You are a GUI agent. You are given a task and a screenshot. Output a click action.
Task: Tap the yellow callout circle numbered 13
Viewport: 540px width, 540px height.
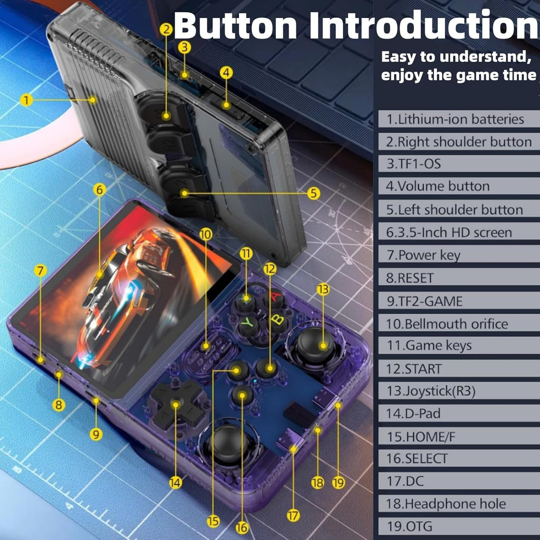tap(323, 289)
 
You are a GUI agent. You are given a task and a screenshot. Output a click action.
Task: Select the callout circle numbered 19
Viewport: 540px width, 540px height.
tap(339, 482)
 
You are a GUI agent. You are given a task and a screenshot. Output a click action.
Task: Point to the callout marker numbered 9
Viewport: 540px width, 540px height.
tap(95, 434)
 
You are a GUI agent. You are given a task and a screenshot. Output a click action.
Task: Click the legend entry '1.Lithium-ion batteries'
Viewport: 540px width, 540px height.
tap(455, 119)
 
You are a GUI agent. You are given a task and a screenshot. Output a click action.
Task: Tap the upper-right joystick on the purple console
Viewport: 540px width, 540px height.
tap(315, 345)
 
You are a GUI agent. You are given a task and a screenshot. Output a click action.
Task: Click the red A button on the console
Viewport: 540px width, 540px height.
tap(274, 298)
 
